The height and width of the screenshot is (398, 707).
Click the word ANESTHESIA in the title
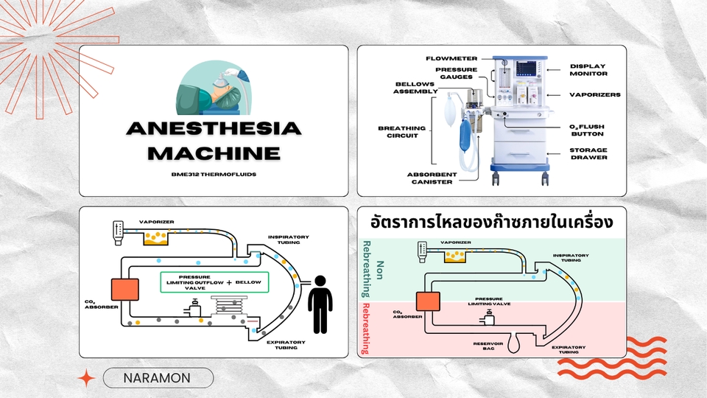click(214, 128)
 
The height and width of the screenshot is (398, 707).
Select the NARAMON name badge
click(158, 378)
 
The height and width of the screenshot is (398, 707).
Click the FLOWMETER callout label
click(451, 57)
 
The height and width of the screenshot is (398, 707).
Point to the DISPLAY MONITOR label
click(588, 70)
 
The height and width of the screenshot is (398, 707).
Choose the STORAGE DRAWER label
click(588, 153)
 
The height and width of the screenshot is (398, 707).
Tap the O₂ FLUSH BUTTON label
click(588, 130)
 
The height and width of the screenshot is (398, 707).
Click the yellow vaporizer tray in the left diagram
click(158, 237)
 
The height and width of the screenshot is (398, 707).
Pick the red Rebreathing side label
click(368, 329)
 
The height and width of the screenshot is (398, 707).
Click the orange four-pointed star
click(86, 379)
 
